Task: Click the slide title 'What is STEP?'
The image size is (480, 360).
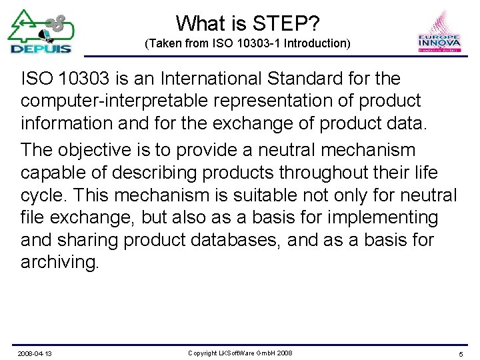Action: tap(248, 24)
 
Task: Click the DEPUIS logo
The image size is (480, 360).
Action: tap(41, 31)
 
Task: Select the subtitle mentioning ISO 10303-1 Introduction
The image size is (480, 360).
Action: tap(247, 44)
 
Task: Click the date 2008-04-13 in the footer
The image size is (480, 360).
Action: tap(35, 353)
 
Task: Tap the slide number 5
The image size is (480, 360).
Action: tap(461, 353)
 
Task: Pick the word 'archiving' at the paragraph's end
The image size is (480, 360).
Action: tap(59, 262)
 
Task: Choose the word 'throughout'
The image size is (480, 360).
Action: tap(295, 173)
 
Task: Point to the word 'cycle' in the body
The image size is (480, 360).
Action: tap(43, 195)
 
